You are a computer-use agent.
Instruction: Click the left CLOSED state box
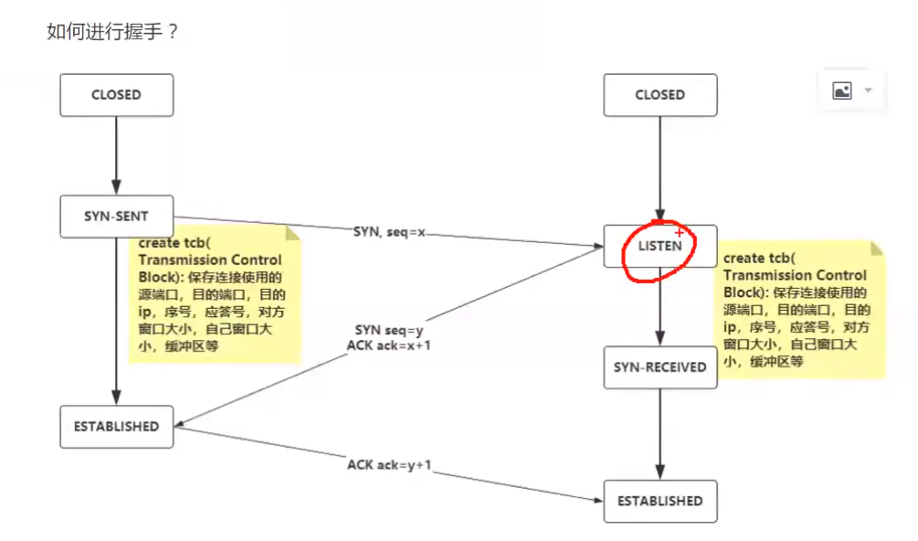click(x=116, y=95)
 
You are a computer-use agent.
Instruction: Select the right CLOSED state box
click(x=659, y=95)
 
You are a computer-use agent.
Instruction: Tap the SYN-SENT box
click(x=116, y=217)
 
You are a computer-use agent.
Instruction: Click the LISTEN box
click(x=659, y=247)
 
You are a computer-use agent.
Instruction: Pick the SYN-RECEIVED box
click(x=659, y=367)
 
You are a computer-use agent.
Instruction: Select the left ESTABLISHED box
click(x=116, y=427)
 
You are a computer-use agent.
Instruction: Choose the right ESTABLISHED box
click(x=659, y=501)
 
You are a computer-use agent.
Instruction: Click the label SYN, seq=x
click(x=389, y=232)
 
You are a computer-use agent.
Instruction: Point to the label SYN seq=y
click(x=389, y=330)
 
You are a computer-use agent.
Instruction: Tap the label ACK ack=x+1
click(x=389, y=345)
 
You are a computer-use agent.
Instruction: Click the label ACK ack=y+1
click(x=389, y=465)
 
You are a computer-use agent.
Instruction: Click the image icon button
click(x=842, y=90)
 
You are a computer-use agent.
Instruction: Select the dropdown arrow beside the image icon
click(x=868, y=90)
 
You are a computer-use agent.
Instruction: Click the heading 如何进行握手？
click(x=112, y=32)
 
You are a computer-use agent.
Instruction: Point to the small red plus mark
click(x=679, y=233)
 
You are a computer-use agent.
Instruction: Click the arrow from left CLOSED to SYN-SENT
click(x=116, y=155)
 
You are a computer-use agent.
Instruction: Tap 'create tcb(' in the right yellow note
click(x=758, y=259)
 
